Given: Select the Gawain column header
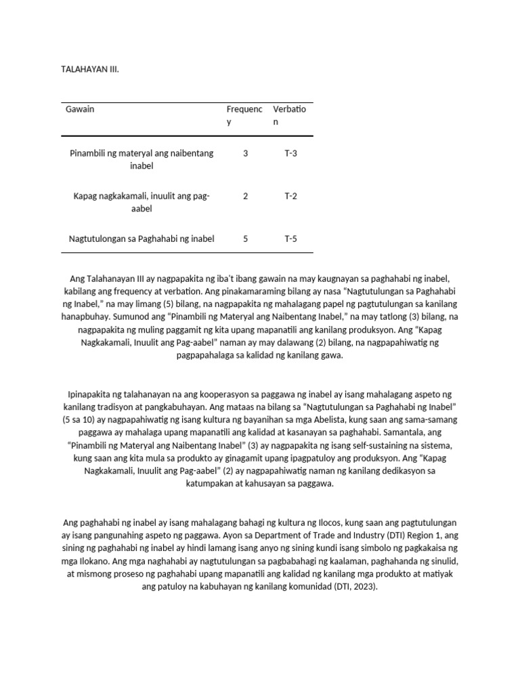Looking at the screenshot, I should click(x=80, y=110).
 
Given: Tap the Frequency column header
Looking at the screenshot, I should click(x=244, y=115).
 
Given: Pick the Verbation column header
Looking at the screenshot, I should click(x=289, y=115).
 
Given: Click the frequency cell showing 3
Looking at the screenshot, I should click(x=245, y=153).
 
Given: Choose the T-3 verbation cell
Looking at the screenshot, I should click(x=290, y=153).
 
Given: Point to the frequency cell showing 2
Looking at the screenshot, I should click(x=245, y=196).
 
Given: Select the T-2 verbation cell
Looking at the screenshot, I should click(x=290, y=196).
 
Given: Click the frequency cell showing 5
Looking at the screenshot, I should click(x=245, y=239).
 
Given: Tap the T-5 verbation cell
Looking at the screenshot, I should click(x=290, y=239).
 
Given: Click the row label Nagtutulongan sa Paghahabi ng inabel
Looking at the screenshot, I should click(x=142, y=239).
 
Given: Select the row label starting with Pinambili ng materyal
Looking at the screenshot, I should click(x=142, y=159).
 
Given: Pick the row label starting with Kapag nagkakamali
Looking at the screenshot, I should click(x=142, y=202).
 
